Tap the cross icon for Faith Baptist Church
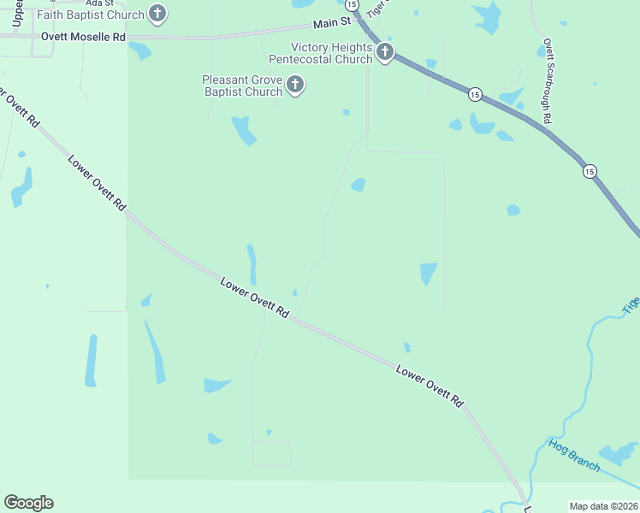(x=157, y=13)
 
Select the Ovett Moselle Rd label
(x=83, y=38)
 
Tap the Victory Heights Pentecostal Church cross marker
(x=385, y=53)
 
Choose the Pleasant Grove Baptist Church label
(x=242, y=85)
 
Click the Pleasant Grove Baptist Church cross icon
(x=295, y=85)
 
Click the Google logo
(x=28, y=503)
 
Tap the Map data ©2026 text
(x=603, y=506)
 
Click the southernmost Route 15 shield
(x=590, y=172)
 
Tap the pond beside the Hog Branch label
(x=618, y=454)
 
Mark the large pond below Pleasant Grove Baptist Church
(x=243, y=130)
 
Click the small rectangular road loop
(x=272, y=453)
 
